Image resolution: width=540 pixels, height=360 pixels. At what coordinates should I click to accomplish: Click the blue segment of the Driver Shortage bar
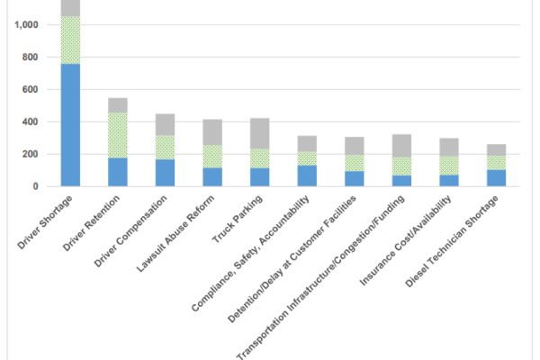[x=70, y=125]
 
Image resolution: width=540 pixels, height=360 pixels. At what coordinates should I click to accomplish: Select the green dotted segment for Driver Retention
[x=118, y=135]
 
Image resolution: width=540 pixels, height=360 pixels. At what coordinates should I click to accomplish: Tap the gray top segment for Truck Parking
[x=260, y=133]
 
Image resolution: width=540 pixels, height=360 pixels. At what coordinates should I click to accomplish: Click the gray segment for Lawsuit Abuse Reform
[x=212, y=132]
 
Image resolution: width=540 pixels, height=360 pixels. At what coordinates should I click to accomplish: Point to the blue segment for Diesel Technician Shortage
[x=497, y=177]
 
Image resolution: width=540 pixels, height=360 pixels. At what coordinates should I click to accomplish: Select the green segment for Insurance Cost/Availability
[x=449, y=166]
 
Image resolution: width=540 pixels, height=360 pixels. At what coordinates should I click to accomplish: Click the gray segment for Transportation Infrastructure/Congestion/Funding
[x=402, y=146]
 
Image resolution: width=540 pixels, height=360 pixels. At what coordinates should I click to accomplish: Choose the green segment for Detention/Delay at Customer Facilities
[x=355, y=163]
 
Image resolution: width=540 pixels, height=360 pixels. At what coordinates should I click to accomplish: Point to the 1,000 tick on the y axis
[x=25, y=25]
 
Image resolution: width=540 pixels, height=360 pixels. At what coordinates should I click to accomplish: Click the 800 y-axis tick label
[x=30, y=58]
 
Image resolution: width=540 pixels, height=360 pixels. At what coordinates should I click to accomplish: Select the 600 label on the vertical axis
[x=30, y=90]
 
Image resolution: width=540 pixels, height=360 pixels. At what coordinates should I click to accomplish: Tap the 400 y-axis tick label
[x=30, y=122]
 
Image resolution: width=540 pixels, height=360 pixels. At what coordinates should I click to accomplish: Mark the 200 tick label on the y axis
[x=30, y=155]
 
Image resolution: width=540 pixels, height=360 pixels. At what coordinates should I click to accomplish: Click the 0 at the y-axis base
[x=35, y=187]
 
